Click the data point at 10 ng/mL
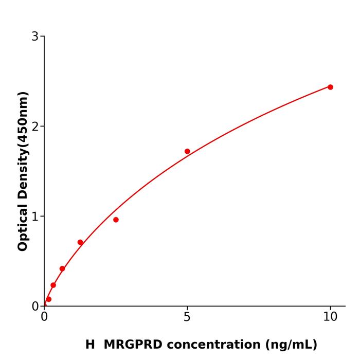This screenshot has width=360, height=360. [330, 87]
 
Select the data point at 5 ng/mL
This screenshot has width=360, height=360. [187, 151]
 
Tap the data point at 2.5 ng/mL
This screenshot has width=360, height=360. [116, 220]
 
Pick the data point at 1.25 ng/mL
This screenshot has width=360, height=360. [80, 242]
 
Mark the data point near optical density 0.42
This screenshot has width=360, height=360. [62, 268]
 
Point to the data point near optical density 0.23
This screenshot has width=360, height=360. [53, 285]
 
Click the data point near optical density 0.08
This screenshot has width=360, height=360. [48, 299]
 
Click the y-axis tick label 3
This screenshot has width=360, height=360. [35, 37]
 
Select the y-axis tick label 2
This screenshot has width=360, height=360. [35, 127]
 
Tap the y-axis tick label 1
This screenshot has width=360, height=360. [35, 217]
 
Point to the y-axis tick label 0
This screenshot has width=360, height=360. [35, 307]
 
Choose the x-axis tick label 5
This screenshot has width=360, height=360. [187, 317]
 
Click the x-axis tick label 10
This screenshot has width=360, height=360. [330, 317]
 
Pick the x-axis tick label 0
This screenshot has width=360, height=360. [44, 317]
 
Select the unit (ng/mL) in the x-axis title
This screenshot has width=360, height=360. [291, 345]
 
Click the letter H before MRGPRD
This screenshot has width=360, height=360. [90, 345]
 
